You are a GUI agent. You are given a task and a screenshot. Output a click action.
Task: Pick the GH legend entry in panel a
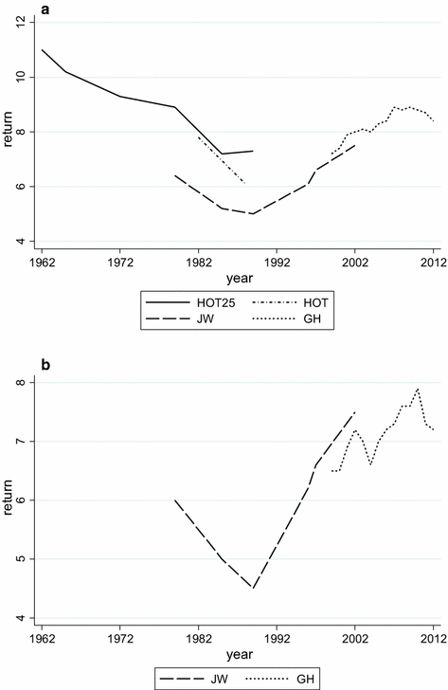tap(313, 319)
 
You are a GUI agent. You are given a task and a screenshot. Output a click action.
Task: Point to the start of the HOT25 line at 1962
tap(42, 50)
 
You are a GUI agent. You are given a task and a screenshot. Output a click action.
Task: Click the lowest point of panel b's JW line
tap(253, 588)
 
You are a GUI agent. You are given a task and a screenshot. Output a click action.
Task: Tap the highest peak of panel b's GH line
tap(418, 389)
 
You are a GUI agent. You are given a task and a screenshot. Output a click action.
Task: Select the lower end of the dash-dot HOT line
tap(245, 184)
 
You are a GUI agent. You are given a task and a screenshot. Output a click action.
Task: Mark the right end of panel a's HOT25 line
tap(253, 152)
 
